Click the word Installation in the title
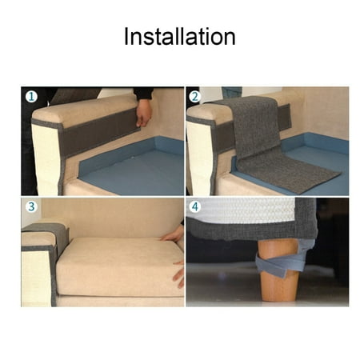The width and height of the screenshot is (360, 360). point(179,37)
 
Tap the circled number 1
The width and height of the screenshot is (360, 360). point(31,98)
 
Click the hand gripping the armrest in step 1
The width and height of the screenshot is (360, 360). point(143,112)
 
